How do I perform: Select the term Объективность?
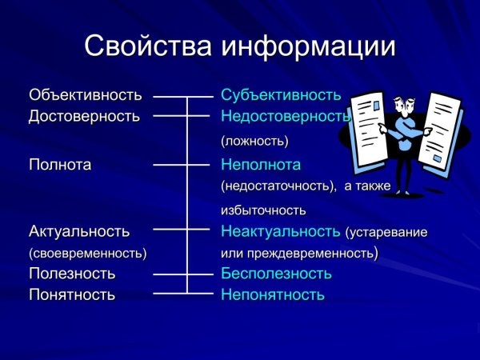85,95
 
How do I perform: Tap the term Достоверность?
84,116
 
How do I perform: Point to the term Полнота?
60,165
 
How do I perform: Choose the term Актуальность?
78,231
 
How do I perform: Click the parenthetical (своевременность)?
87,253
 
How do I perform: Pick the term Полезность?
72,274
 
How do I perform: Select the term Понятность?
72,294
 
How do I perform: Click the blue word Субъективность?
281,95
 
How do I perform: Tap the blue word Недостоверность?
286,116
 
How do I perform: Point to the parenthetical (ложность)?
254,141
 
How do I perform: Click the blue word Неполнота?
261,165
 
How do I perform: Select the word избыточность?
264,210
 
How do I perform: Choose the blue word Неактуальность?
281,231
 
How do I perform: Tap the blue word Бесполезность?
276,274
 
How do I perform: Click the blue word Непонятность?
273,294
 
